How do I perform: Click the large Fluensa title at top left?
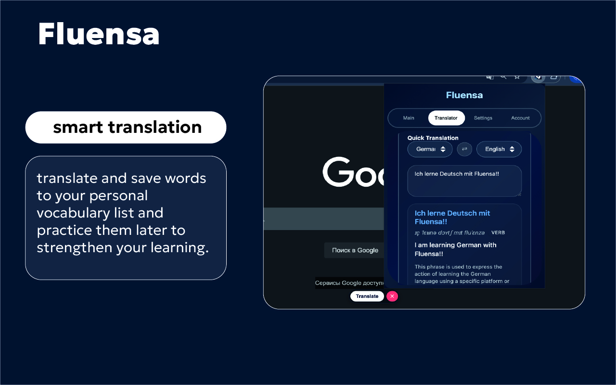click(99, 34)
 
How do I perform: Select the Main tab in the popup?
click(409, 118)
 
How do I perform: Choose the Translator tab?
click(446, 118)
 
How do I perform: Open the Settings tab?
click(483, 118)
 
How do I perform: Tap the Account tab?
click(520, 118)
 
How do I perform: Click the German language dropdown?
click(430, 149)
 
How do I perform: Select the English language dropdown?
click(499, 149)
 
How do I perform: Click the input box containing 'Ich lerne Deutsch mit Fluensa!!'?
click(464, 181)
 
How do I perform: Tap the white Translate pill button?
click(367, 296)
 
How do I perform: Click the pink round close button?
click(392, 296)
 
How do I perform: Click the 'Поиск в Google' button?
click(355, 250)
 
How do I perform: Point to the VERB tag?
click(498, 233)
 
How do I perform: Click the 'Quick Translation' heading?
click(433, 138)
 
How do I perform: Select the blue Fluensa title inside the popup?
click(464, 95)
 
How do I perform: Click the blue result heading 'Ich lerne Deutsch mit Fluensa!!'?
click(452, 218)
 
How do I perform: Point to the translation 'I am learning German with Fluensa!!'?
click(455, 249)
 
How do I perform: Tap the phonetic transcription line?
click(449, 233)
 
